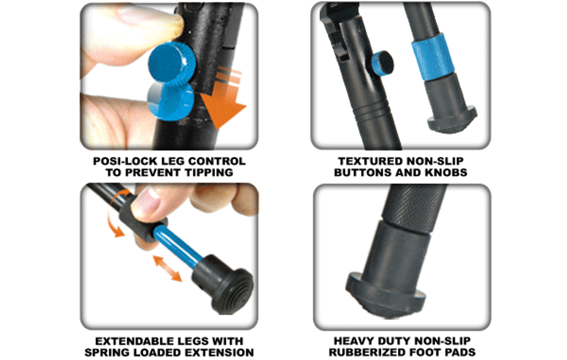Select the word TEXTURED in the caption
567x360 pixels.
pyautogui.click(x=368, y=161)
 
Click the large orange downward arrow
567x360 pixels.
pyautogui.click(x=223, y=99)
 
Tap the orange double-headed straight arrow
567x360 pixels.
pyautogui.click(x=168, y=268)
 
